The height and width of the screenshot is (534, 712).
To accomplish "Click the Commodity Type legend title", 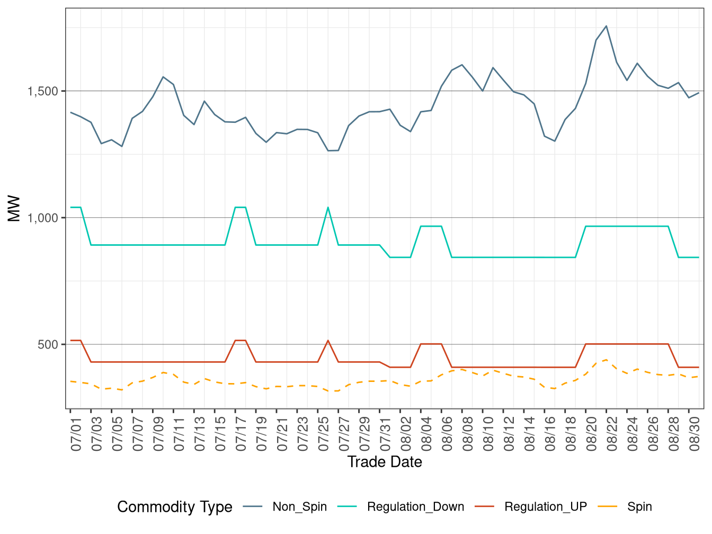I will click(175, 507).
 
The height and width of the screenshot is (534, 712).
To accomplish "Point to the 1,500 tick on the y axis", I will click(43, 91).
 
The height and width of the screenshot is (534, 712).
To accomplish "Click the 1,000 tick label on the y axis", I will click(43, 218).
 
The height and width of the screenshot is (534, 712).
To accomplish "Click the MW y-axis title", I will click(14, 209).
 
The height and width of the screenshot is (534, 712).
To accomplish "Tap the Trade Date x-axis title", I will click(385, 462).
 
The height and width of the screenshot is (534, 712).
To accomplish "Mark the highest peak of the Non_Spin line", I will click(606, 26).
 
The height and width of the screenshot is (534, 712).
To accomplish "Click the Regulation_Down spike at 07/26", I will click(328, 207).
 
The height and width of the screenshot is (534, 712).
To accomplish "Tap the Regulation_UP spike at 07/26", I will click(328, 341).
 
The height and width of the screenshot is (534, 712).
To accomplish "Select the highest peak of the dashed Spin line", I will click(606, 360).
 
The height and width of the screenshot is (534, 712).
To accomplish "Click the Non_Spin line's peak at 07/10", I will click(163, 77).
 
